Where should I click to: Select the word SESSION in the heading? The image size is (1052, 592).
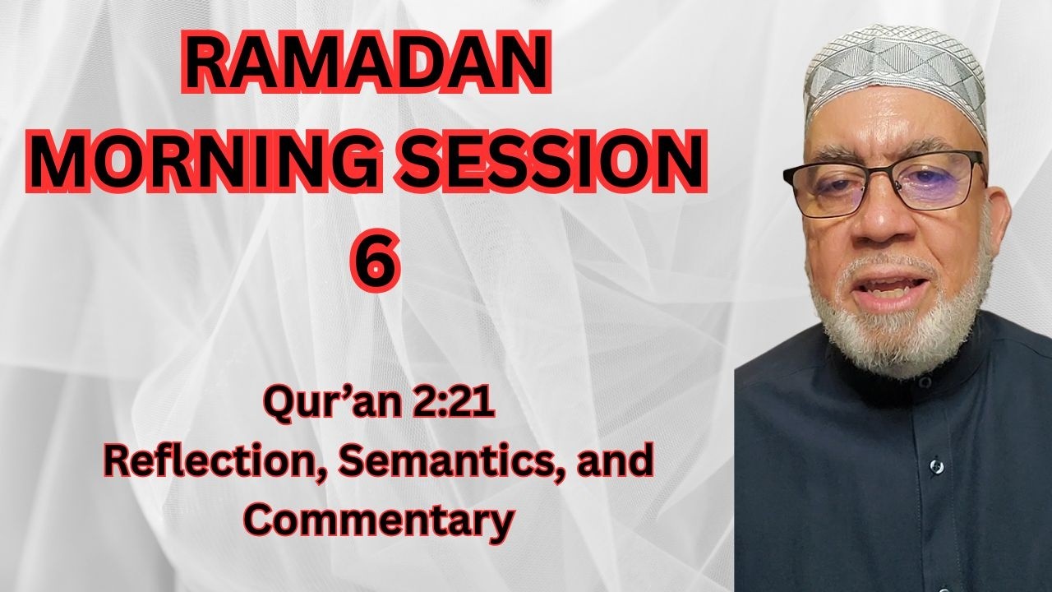tap(551, 160)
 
